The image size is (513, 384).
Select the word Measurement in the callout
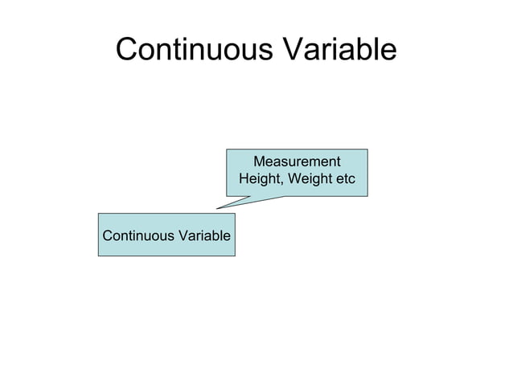coord(297,161)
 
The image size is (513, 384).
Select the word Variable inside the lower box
coord(203,236)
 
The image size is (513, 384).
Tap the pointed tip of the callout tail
coord(216,208)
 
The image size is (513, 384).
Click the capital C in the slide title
coord(127,50)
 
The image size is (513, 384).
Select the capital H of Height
coord(243,179)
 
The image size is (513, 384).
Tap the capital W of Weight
coord(291,179)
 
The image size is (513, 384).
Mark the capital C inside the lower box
coord(106,236)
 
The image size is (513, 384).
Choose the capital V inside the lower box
coord(178,236)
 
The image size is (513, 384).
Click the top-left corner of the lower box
coord(99,214)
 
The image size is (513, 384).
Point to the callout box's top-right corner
coord(367,149)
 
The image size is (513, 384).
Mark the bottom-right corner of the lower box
coord(235,255)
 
